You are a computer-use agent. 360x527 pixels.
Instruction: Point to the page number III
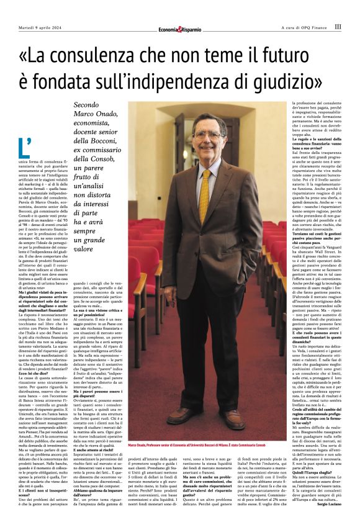337,27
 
